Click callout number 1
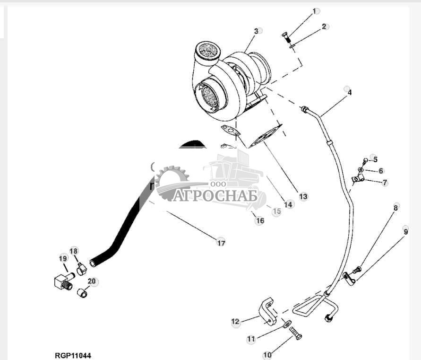[315, 10]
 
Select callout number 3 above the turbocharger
[256, 31]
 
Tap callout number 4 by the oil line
[349, 93]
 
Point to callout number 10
[267, 354]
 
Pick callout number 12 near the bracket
[236, 322]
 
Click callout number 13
[303, 196]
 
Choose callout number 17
[221, 243]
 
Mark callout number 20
[92, 281]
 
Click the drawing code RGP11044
[72, 355]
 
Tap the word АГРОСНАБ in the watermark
[215, 195]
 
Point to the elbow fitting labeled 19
[62, 282]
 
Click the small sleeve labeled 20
[83, 294]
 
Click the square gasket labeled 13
[266, 136]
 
